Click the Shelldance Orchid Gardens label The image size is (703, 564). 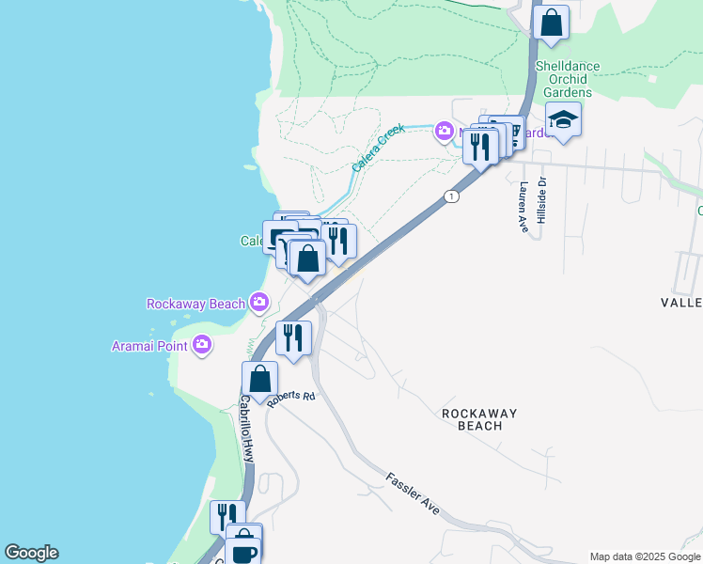tap(563, 79)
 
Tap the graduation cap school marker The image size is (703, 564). tap(563, 120)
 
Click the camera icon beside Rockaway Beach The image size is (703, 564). tap(259, 303)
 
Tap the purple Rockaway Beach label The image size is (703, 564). tap(195, 304)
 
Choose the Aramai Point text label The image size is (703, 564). tap(149, 346)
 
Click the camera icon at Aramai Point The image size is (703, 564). tap(202, 346)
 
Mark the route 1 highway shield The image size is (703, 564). tap(453, 196)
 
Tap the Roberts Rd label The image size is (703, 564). tap(289, 398)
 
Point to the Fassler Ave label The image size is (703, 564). tap(413, 493)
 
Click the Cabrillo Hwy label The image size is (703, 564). tap(245, 427)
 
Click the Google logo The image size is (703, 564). tap(31, 553)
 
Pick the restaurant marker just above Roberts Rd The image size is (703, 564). tap(293, 337)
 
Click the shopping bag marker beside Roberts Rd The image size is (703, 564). tap(260, 379)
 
